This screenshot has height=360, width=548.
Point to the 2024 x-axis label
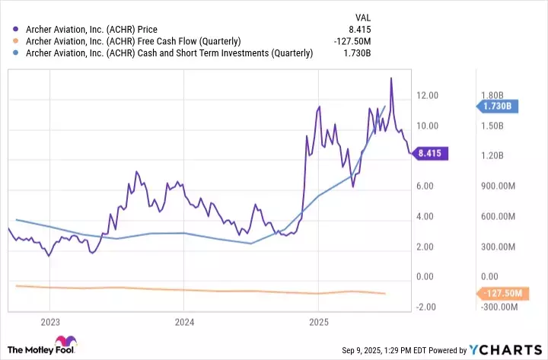(183, 323)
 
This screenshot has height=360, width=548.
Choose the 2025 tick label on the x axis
(318, 323)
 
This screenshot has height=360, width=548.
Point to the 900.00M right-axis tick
(499, 186)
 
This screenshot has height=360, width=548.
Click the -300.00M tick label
(499, 307)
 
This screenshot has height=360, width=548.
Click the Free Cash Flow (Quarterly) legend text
(133, 40)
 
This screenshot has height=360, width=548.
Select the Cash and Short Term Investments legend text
(169, 53)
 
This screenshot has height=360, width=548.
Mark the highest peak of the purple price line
(391, 78)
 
